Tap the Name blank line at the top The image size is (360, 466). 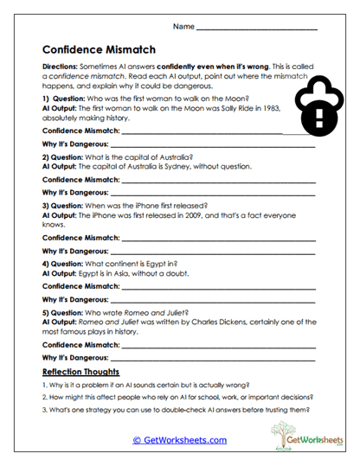pos(257,29)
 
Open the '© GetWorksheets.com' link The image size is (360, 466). pos(179,439)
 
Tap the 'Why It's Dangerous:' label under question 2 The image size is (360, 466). pos(74,191)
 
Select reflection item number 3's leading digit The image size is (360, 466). pos(43,410)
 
